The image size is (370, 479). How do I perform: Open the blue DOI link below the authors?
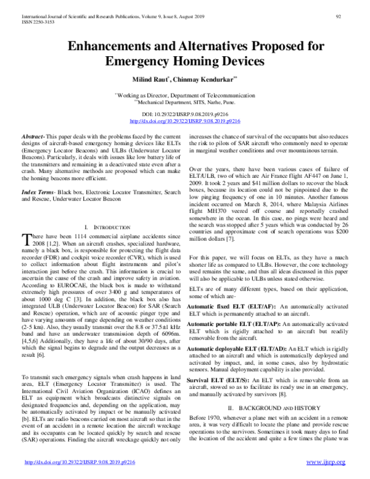(x=186, y=123)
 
